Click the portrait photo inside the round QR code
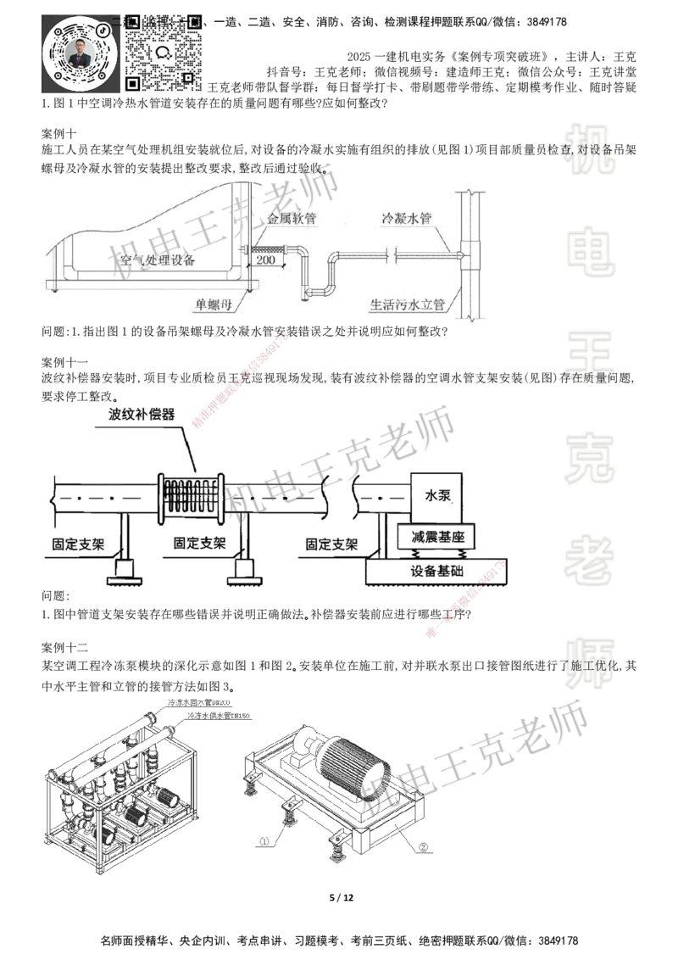coord(79,54)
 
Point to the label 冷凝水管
coord(407,218)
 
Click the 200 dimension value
coord(265,260)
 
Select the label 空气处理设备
coord(158,260)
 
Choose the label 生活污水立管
coord(408,303)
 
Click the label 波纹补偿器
coord(142,415)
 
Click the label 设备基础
coord(437,571)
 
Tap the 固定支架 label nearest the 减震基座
coord(332,543)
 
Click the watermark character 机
coord(590,149)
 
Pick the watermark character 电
coord(590,251)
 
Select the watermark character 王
coord(590,356)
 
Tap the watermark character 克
coord(590,458)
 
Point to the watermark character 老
coord(590,560)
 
